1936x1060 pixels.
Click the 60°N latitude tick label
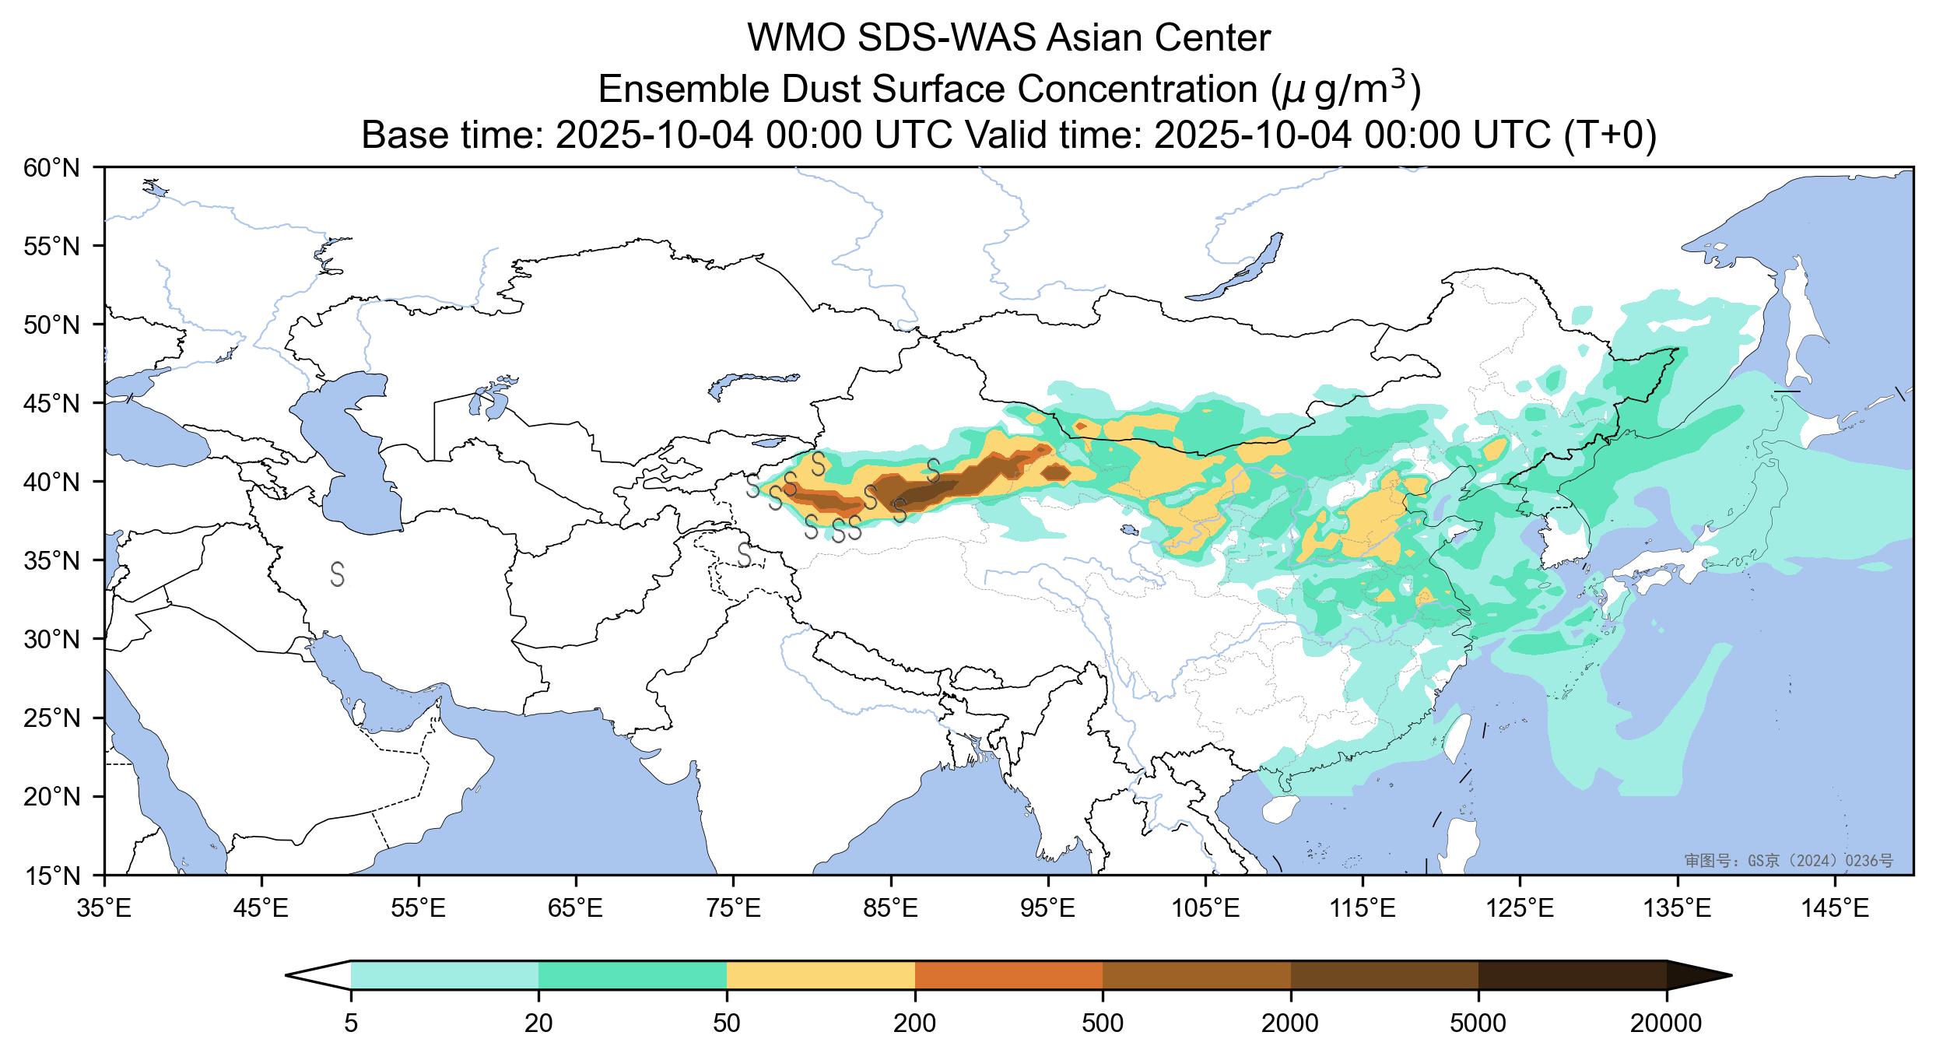[x=52, y=168]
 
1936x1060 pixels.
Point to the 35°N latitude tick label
[x=52, y=561]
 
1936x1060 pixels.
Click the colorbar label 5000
[x=1478, y=1023]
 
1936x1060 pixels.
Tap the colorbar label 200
[x=914, y=1023]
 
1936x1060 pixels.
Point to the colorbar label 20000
[x=1666, y=1023]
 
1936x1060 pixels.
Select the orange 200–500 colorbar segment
[x=1008, y=974]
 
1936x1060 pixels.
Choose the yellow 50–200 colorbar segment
[x=820, y=974]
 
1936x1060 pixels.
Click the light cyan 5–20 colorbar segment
[x=444, y=974]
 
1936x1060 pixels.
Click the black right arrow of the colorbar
[x=1696, y=974]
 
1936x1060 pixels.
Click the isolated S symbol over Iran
[x=337, y=574]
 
